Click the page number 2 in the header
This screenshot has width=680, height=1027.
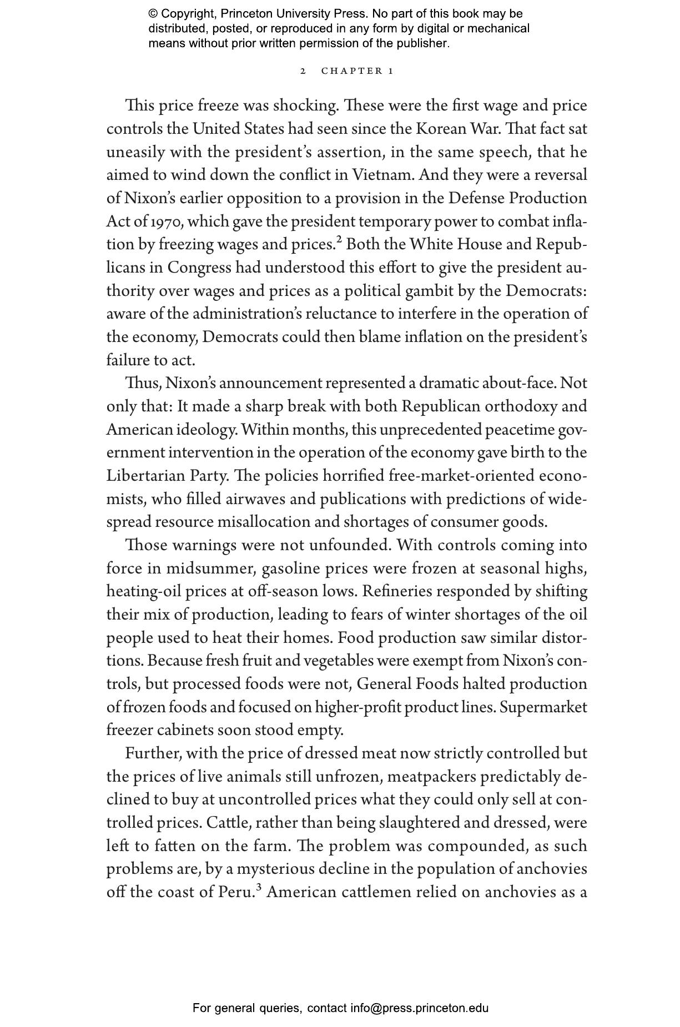[x=303, y=71]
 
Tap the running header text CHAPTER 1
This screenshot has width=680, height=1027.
[x=357, y=71]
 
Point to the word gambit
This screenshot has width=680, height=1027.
[x=431, y=291]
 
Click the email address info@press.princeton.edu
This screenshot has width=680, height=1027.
[x=419, y=1008]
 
